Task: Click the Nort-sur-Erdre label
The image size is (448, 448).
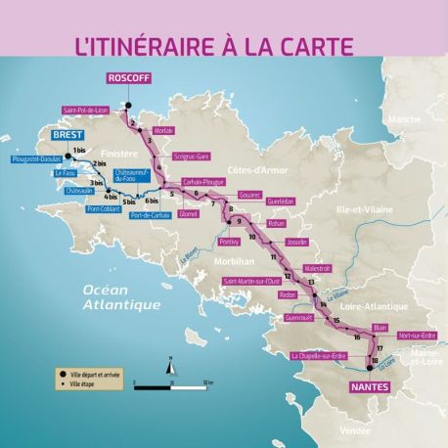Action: (x=417, y=336)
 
